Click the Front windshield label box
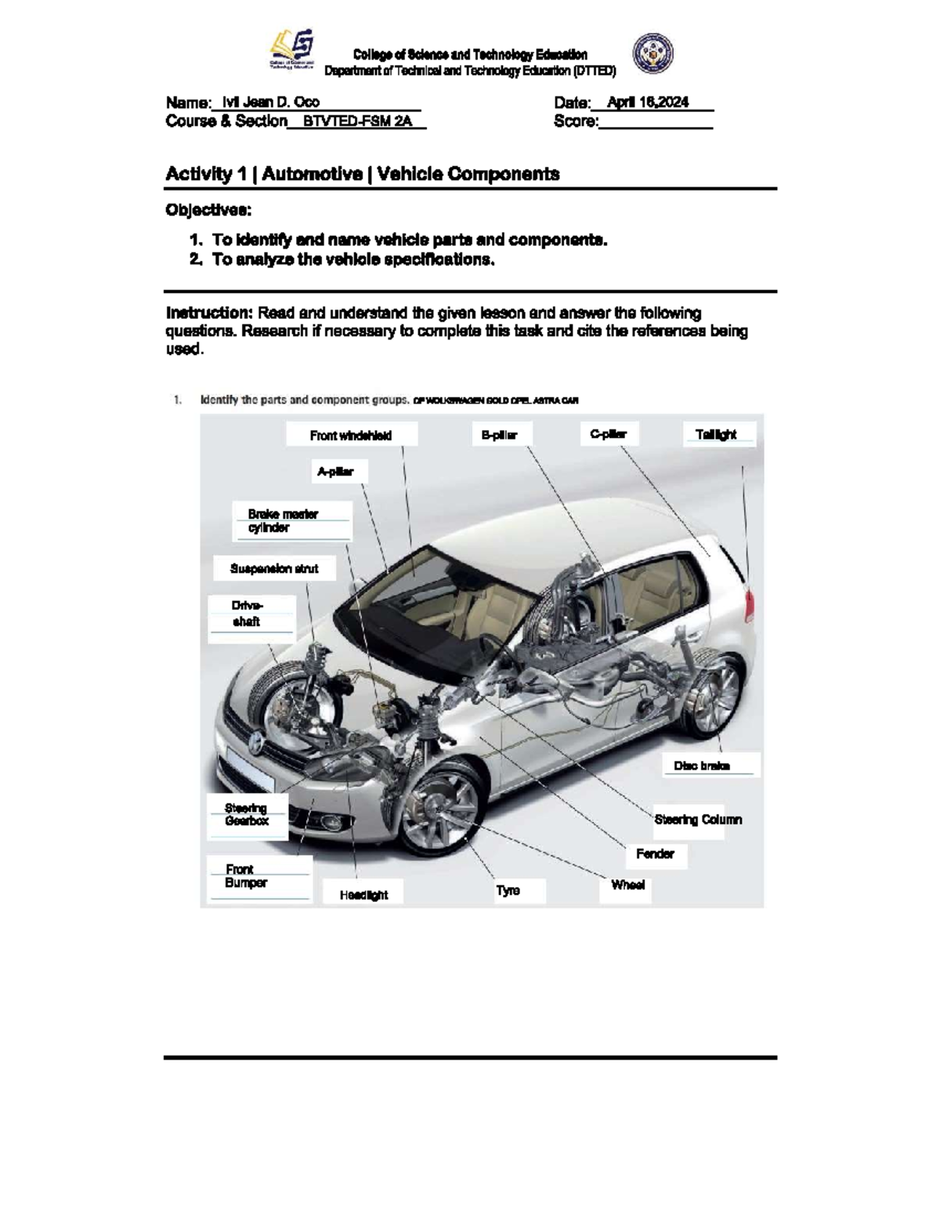click(x=351, y=435)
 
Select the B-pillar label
click(x=499, y=435)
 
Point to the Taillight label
click(x=716, y=434)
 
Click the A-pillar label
click(x=335, y=472)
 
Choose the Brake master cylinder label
click(x=284, y=521)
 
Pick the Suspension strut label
click(x=274, y=569)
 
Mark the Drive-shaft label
click(x=248, y=614)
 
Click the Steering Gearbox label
click(x=247, y=815)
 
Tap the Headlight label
click(x=363, y=895)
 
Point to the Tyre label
click(x=508, y=890)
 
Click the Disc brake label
click(x=702, y=766)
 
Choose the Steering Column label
click(x=698, y=820)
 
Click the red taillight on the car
click(x=750, y=604)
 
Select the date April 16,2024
click(x=648, y=102)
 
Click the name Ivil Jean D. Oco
click(x=270, y=102)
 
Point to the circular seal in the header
click(x=653, y=53)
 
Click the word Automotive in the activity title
click(x=312, y=174)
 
